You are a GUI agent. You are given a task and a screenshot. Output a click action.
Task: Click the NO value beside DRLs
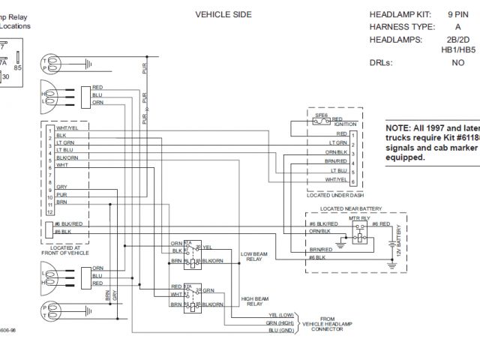(457, 63)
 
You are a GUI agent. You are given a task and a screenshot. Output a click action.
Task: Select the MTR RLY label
(361, 217)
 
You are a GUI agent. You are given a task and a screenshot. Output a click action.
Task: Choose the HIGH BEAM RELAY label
(253, 301)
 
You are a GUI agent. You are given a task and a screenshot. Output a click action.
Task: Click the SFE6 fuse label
(322, 116)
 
